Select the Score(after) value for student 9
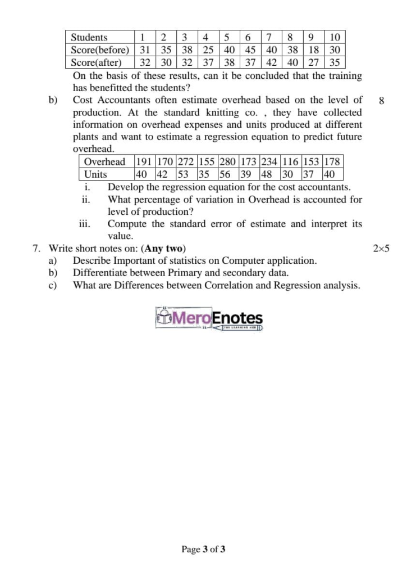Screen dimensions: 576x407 coord(314,62)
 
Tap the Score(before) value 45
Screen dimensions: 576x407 coord(250,49)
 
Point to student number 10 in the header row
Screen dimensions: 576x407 coord(335,37)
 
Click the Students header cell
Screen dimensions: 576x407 coord(89,37)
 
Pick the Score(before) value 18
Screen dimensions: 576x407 coord(314,49)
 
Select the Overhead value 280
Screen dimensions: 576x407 coord(227,162)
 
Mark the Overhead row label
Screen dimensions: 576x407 coord(104,162)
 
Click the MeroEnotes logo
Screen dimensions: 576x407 coord(208,319)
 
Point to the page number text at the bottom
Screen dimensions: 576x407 coord(203,550)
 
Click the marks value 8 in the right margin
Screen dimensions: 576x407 coord(382,101)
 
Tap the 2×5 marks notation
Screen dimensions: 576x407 coord(381,248)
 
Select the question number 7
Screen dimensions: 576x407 coord(36,248)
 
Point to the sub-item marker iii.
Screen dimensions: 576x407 coord(85,224)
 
